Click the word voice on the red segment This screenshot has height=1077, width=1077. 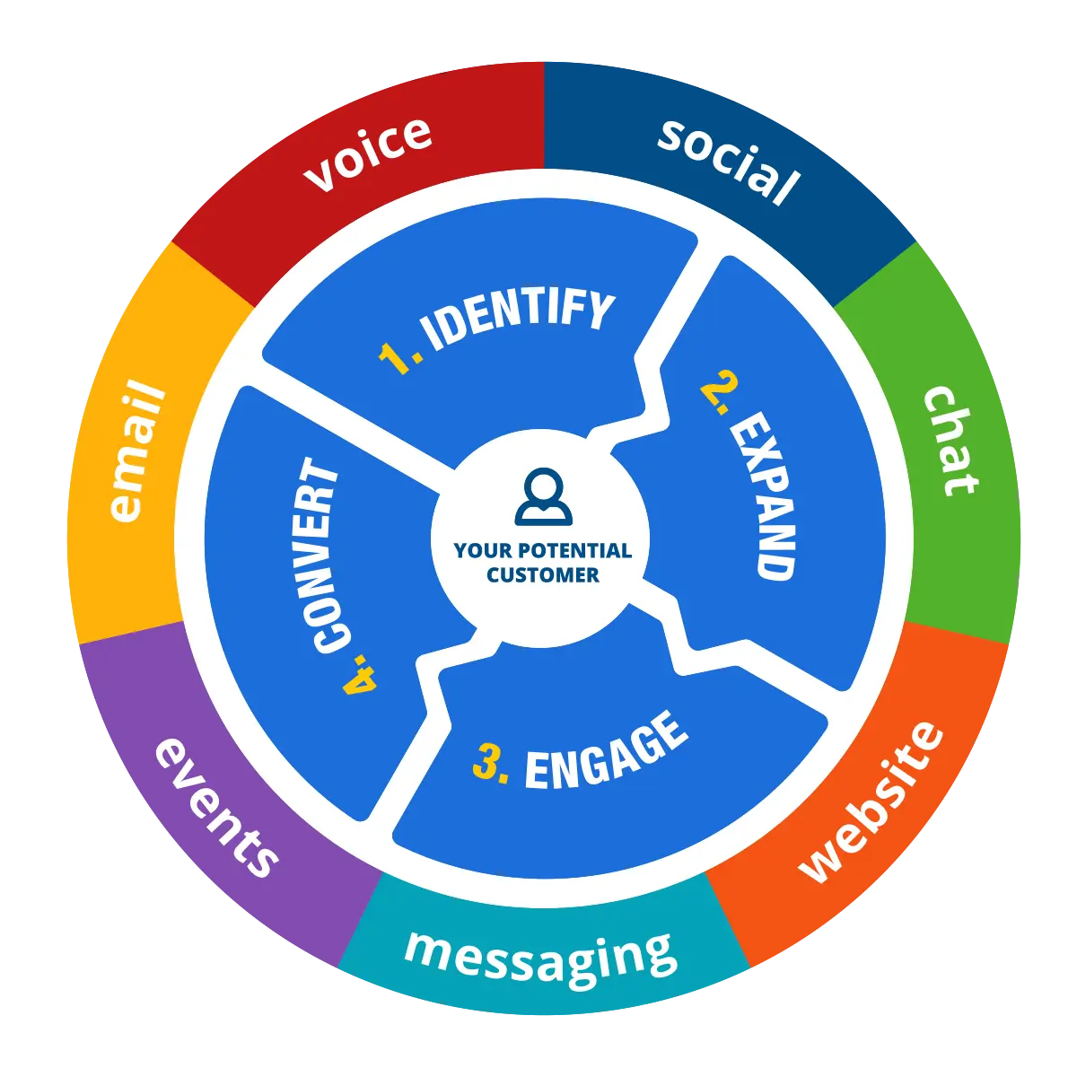(367, 153)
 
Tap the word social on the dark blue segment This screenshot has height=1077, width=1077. (728, 161)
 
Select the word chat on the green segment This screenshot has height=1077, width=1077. (950, 441)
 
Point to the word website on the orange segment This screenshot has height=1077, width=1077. (871, 802)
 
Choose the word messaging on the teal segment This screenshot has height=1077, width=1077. (540, 959)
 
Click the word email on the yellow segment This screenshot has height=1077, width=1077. (137, 451)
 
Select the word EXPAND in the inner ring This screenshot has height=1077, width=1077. (764, 495)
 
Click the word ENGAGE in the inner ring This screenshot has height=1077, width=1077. (606, 752)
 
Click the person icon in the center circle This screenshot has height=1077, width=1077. (543, 497)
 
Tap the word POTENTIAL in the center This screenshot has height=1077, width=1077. (575, 551)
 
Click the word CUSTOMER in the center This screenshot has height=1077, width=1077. (543, 575)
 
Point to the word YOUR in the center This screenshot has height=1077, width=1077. (482, 551)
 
